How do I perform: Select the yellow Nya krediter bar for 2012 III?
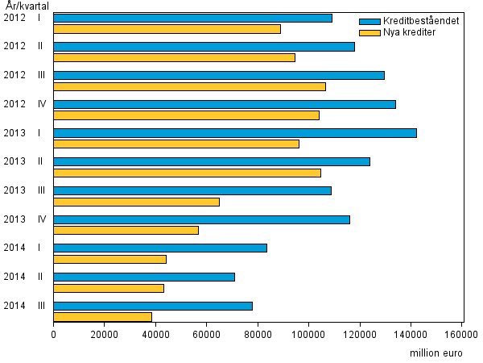point(190,86)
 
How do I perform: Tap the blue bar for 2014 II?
point(144,277)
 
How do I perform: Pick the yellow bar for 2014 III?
point(103,317)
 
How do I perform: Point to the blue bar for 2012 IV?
point(225,104)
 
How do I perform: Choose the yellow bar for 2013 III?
point(137,202)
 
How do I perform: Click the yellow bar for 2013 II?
point(188,173)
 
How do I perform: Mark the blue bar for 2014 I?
point(160,248)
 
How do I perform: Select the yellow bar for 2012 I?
point(167,29)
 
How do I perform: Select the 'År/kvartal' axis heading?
point(26,6)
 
